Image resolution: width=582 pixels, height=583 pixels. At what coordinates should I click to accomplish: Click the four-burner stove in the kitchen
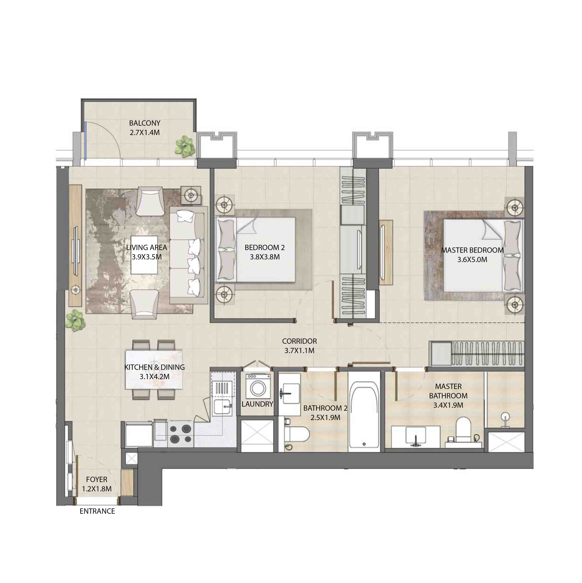point(180,434)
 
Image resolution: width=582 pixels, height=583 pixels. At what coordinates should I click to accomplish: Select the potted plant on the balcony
point(185,146)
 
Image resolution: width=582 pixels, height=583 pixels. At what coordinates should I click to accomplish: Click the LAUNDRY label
point(257,404)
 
